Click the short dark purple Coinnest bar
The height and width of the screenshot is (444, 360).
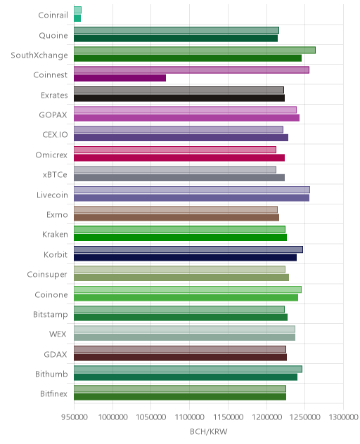120,78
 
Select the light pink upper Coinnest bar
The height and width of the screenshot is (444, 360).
192,70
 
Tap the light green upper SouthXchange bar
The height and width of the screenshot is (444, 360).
195,50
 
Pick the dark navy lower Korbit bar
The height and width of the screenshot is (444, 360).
186,258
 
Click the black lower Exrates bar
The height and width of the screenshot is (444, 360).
179,98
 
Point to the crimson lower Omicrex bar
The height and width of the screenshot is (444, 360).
179,158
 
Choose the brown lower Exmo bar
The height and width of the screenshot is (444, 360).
176,218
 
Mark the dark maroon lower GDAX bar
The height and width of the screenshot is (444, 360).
180,358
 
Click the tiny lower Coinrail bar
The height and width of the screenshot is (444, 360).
77,18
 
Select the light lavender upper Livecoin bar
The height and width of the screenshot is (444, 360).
192,190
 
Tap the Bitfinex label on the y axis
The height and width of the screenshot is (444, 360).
53,394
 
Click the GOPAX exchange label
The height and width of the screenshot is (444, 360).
53,115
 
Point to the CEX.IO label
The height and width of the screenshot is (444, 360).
55,134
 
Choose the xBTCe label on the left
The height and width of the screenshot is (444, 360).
55,175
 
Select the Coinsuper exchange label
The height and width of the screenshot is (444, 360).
47,275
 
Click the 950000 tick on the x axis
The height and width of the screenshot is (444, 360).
75,417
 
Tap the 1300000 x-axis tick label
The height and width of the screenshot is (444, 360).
344,417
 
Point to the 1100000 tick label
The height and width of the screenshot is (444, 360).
190,417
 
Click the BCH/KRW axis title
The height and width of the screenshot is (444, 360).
209,432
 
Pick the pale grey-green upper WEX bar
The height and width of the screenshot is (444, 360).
184,329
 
